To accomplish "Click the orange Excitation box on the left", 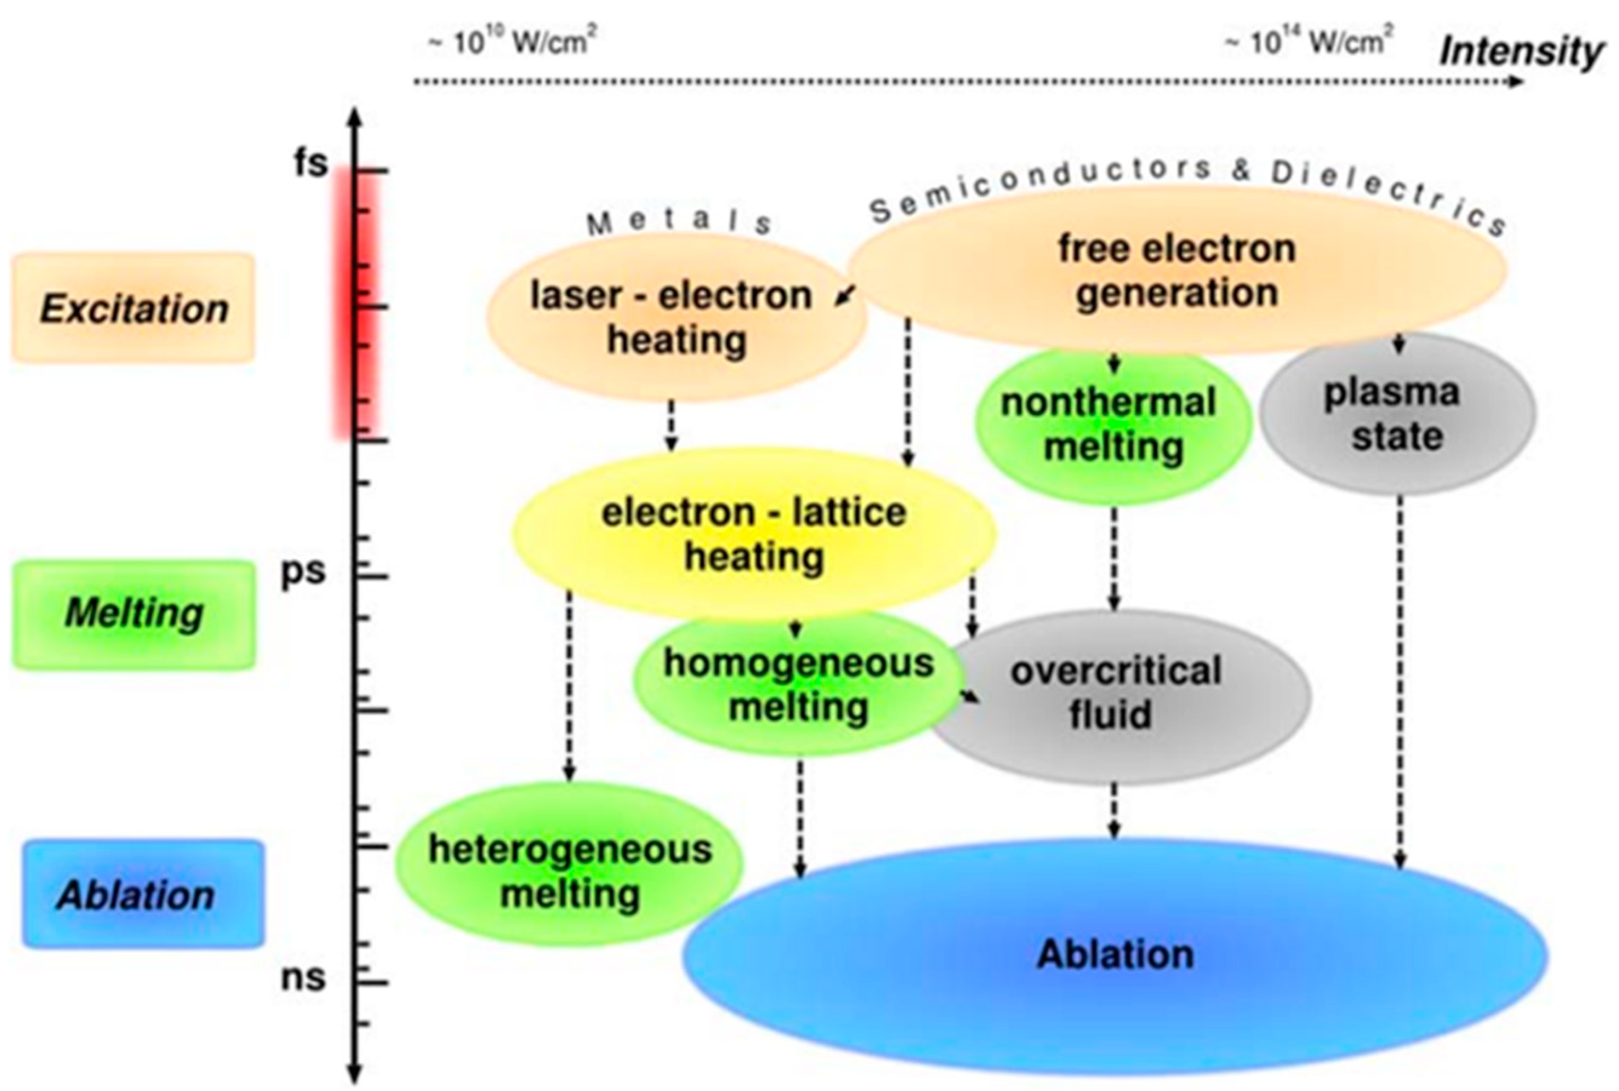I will click(133, 308).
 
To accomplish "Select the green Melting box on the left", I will click(133, 614).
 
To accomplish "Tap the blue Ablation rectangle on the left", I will click(142, 894).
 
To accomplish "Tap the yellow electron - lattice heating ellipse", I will click(754, 534).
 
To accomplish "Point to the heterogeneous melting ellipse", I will click(569, 870).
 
